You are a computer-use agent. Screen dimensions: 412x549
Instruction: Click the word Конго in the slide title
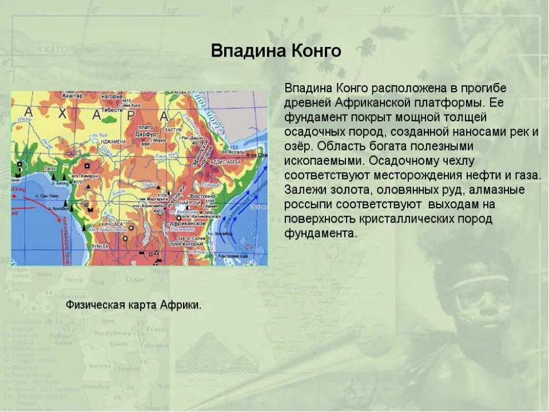314,51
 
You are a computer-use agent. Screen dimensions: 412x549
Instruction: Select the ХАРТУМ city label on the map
173,130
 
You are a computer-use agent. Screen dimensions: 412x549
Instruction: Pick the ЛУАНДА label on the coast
100,246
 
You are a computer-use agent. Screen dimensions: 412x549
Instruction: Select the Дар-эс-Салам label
190,237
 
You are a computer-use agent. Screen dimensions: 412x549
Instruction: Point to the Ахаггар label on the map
71,96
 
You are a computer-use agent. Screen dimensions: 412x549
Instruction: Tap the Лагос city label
50,169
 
